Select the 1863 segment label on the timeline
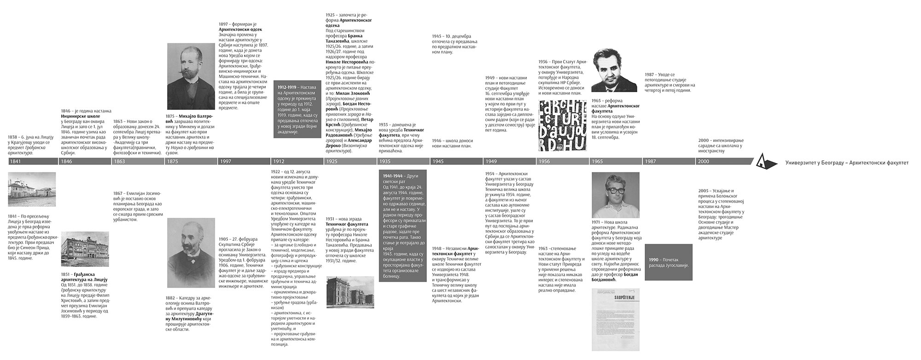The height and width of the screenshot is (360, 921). click(120, 162)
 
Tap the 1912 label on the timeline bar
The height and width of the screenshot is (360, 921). click(278, 162)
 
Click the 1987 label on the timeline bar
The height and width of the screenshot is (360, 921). click(651, 162)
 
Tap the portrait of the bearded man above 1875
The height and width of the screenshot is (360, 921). click(191, 76)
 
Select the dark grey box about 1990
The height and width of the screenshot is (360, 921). click(668, 263)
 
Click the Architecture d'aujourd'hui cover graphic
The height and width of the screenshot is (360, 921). click(562, 126)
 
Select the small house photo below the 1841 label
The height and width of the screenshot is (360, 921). click(32, 189)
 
